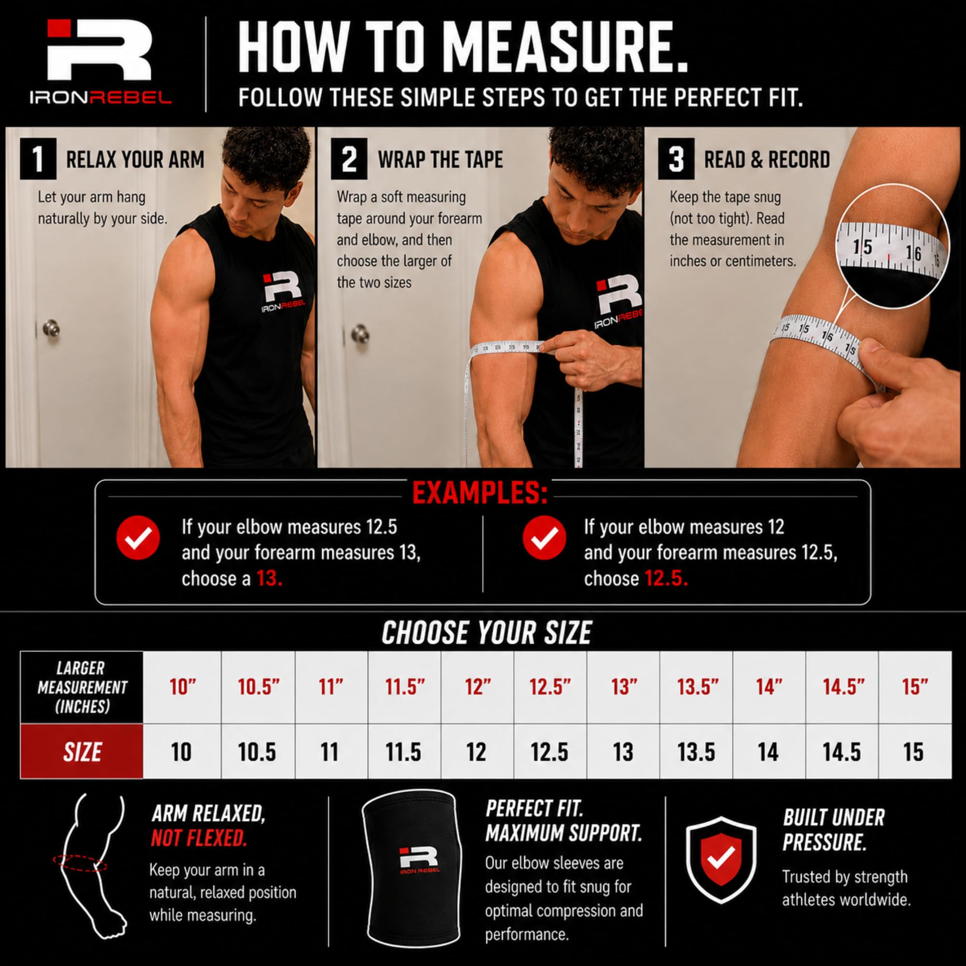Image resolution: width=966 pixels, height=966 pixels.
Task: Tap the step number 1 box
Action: pyautogui.click(x=38, y=159)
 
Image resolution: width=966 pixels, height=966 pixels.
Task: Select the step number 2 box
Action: pyautogui.click(x=349, y=159)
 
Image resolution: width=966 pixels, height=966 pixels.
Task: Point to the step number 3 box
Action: pyautogui.click(x=676, y=159)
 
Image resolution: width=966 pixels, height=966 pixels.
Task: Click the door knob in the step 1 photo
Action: pyautogui.click(x=51, y=328)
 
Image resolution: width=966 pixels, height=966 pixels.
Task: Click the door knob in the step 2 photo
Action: pyautogui.click(x=360, y=333)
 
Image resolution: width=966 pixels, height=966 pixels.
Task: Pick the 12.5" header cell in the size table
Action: pyautogui.click(x=550, y=687)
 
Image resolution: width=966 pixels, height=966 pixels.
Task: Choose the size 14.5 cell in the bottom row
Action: pyautogui.click(x=842, y=752)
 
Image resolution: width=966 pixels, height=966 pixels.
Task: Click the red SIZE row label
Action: pyautogui.click(x=82, y=752)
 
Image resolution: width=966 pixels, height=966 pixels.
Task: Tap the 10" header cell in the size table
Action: pyautogui.click(x=183, y=687)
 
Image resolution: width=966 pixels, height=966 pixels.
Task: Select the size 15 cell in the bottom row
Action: pyautogui.click(x=914, y=752)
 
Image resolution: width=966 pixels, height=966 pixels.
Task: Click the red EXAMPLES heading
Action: pyautogui.click(x=480, y=494)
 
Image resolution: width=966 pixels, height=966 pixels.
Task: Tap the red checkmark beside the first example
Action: pyautogui.click(x=138, y=538)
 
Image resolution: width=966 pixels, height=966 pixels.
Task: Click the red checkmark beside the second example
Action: pyautogui.click(x=544, y=538)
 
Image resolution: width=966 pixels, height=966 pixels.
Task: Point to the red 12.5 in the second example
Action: pyautogui.click(x=666, y=579)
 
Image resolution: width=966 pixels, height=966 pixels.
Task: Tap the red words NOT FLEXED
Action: pyautogui.click(x=199, y=838)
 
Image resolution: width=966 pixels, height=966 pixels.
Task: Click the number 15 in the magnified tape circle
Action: pyautogui.click(x=862, y=247)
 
